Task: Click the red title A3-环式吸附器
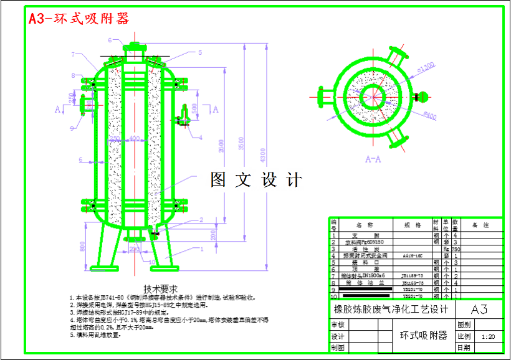click(x=79, y=19)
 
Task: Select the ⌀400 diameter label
click(x=429, y=116)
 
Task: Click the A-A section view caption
click(x=373, y=159)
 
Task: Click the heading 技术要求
click(x=161, y=289)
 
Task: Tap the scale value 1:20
click(x=488, y=336)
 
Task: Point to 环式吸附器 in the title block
click(x=423, y=336)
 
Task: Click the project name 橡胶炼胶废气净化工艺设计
click(x=391, y=310)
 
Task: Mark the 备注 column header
click(x=480, y=224)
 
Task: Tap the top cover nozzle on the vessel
click(x=133, y=47)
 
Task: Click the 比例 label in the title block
click(x=464, y=336)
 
